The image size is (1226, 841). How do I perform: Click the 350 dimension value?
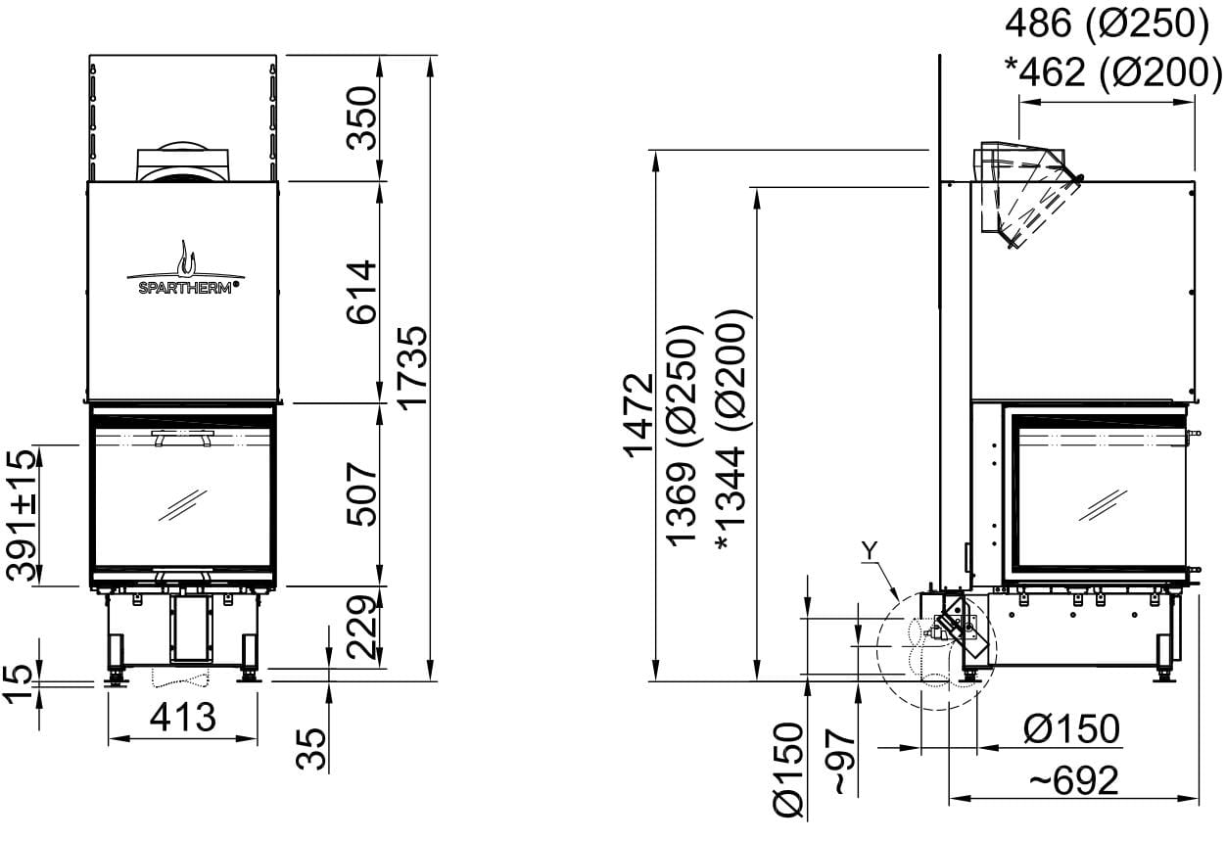point(361,117)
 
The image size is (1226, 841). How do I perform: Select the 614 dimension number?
point(361,292)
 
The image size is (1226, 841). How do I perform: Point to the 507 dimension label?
point(361,494)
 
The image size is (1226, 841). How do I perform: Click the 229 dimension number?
point(361,627)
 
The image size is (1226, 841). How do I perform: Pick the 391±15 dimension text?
point(22,514)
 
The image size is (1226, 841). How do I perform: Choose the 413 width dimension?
point(183,717)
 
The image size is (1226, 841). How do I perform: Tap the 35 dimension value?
point(310,749)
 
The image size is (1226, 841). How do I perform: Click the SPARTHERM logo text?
point(186,288)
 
